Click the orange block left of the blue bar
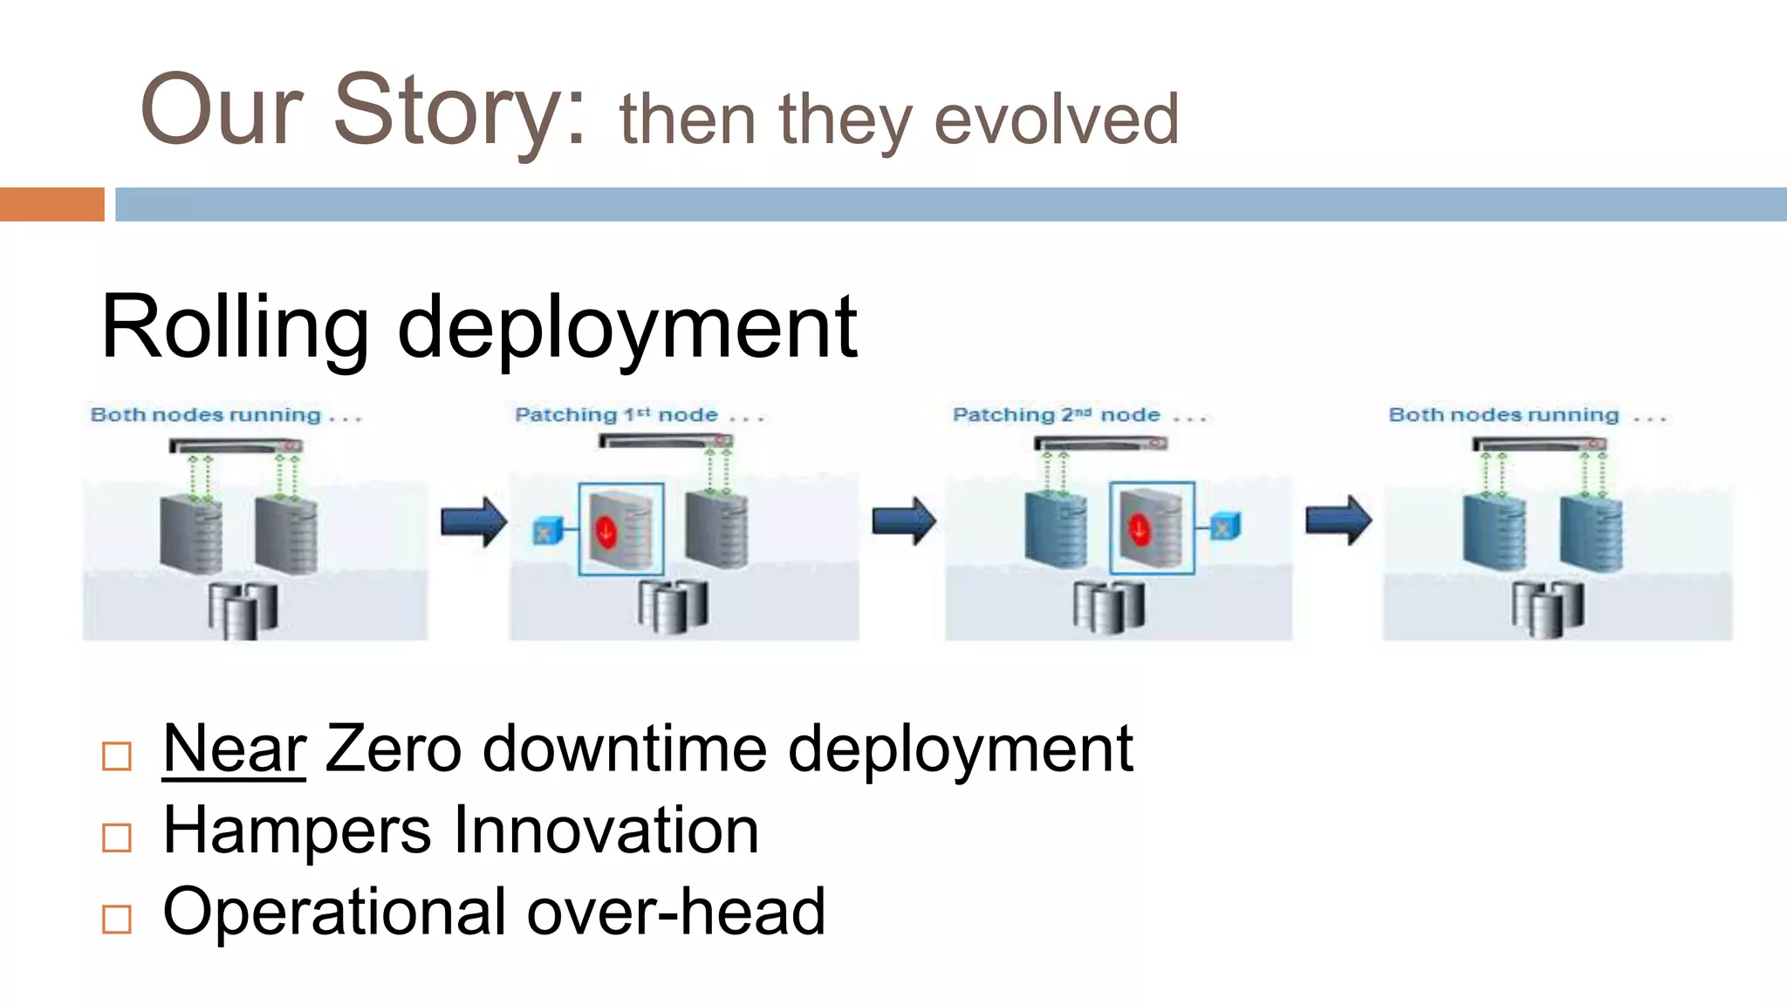pos(51,204)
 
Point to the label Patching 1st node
pos(617,415)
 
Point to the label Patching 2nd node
pos(1056,415)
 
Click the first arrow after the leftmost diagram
pos(473,522)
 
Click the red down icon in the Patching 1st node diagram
pos(606,530)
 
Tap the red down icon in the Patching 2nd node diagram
pos(1138,528)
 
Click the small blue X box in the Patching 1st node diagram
pos(546,530)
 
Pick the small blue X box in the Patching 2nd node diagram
pos(1223,527)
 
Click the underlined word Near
pos(234,749)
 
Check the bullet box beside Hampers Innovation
pos(117,837)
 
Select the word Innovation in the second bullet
pos(606,831)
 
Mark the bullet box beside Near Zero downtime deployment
pos(117,755)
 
